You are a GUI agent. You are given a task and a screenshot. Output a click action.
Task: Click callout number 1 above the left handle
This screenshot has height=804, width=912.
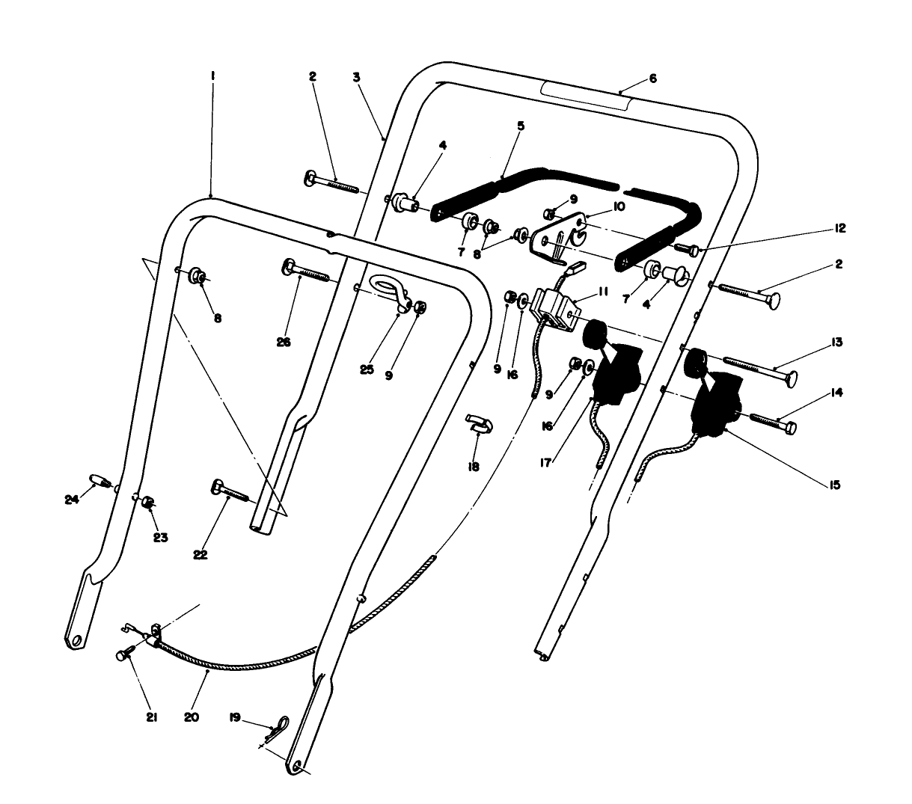coord(213,76)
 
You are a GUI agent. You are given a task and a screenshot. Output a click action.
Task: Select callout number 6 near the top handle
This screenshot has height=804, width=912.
coord(652,79)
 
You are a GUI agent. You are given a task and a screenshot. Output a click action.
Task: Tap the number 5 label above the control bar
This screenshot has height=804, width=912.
coord(521,126)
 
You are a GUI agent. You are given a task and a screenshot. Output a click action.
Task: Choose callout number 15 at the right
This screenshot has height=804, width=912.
coord(835,485)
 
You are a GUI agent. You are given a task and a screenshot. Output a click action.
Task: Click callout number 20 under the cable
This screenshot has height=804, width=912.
coord(191,716)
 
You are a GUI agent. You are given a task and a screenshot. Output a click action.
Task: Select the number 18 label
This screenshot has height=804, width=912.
coord(473,466)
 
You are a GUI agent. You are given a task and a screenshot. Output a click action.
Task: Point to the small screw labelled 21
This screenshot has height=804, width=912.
coord(123,655)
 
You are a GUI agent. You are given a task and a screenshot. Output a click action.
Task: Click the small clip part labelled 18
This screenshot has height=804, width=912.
coord(480,423)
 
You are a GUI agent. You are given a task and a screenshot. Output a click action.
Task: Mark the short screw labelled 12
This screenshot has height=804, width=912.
coord(687,250)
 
